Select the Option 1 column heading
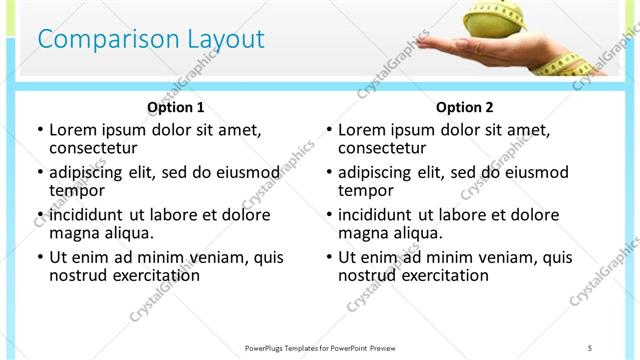point(176,107)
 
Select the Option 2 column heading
point(465,107)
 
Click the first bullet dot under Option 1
point(39,130)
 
